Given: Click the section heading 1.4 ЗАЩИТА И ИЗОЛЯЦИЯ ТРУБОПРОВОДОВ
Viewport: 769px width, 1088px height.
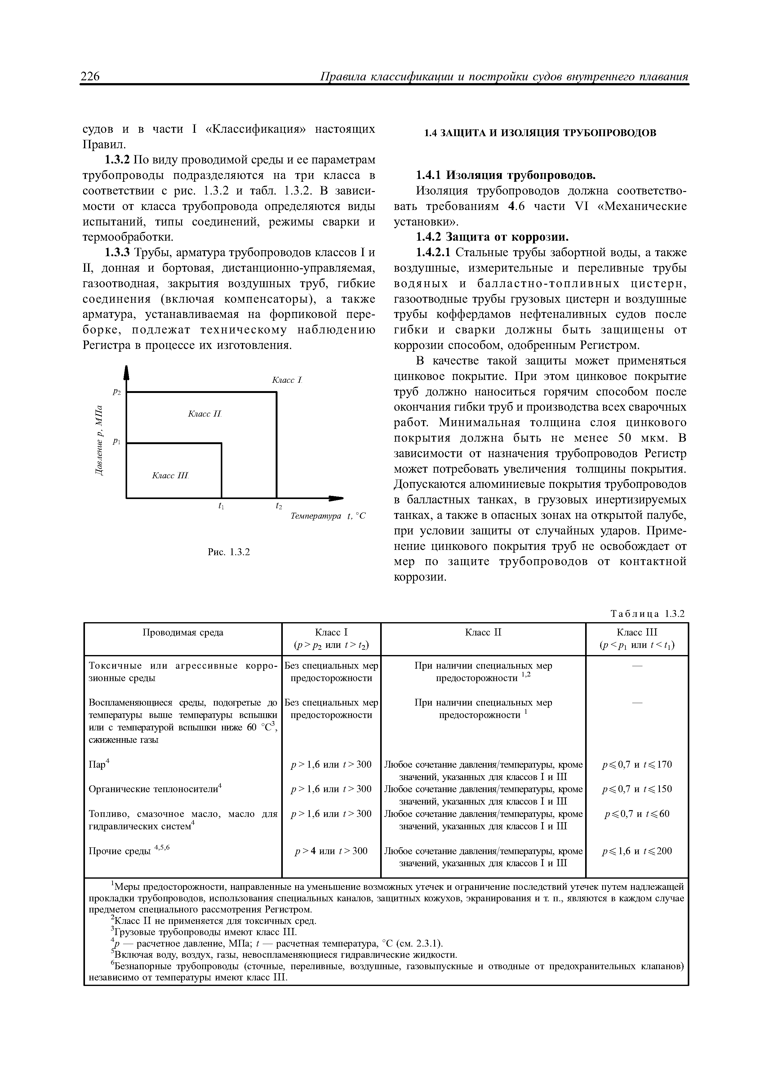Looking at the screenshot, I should [540, 133].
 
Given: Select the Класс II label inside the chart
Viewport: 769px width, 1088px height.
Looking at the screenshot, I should [205, 414].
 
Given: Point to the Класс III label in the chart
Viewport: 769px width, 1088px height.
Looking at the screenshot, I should [170, 475].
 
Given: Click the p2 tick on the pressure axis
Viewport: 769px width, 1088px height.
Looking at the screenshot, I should [117, 392].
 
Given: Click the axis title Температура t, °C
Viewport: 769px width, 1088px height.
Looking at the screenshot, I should [328, 516].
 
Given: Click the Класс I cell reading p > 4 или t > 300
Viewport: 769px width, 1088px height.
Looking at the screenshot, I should [331, 851].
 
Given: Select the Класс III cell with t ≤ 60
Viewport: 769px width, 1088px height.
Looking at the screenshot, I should [636, 814].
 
